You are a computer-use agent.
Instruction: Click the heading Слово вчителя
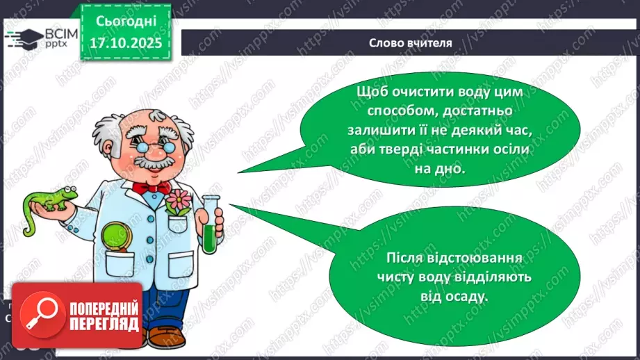410,43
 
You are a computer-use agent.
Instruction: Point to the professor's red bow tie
151,187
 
